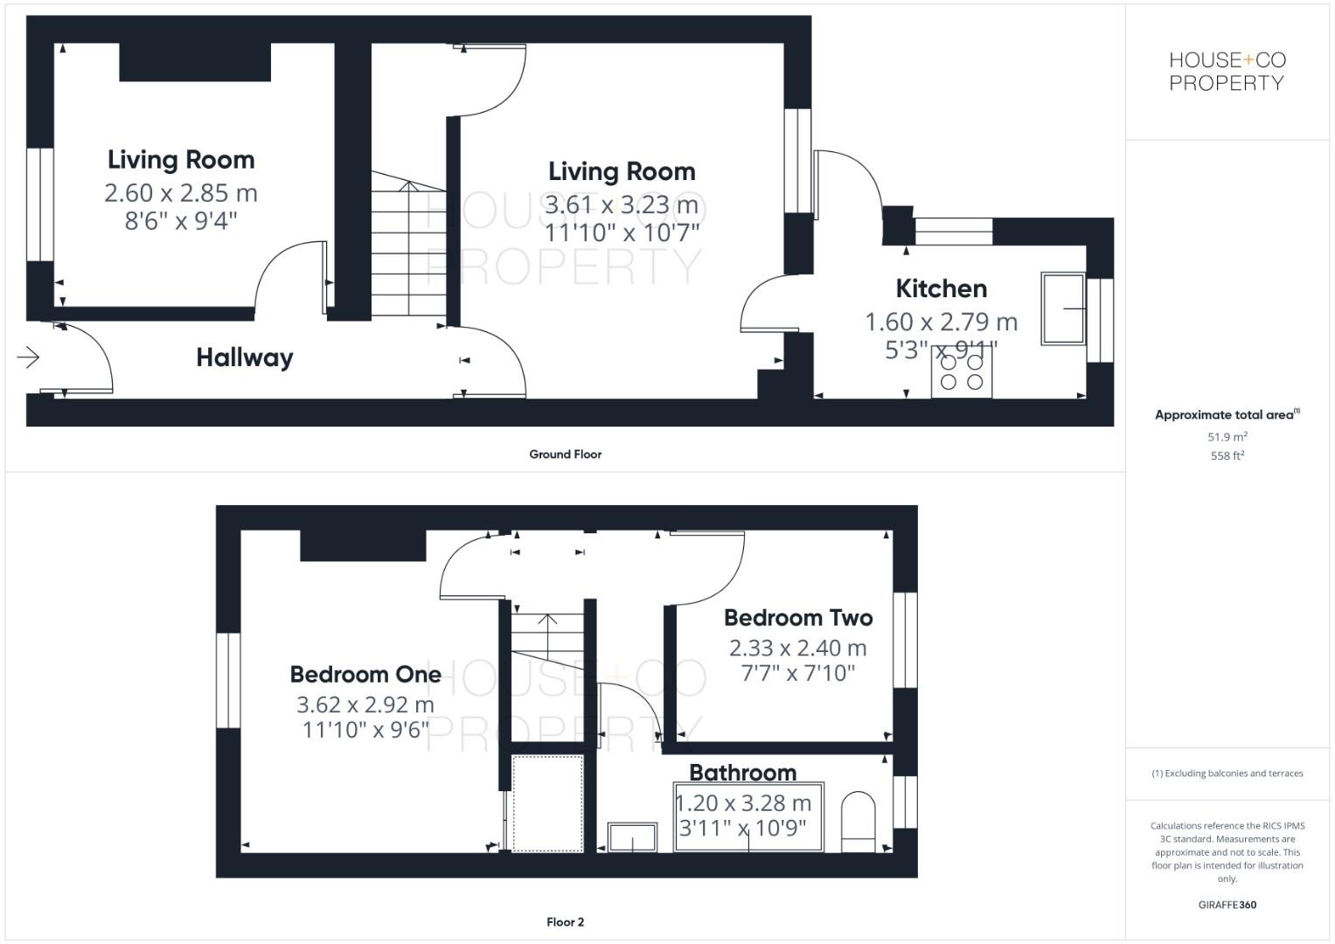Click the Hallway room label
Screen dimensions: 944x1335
[244, 357]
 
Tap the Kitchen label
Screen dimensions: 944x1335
[941, 288]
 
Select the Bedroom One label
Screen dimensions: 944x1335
[365, 674]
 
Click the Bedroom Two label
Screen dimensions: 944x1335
[797, 618]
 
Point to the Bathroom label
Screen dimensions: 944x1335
[742, 773]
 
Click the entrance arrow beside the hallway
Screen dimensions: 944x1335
[28, 357]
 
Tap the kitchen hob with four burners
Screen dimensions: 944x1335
[961, 374]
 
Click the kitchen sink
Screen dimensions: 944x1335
[1061, 308]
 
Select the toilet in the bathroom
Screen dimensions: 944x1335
[858, 822]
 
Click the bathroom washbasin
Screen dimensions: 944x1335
[631, 836]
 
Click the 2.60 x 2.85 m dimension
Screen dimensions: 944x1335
[180, 192]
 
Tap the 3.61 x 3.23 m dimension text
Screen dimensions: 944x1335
[621, 205]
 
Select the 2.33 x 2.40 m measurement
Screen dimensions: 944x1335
[797, 648]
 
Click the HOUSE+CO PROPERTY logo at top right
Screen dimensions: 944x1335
[1227, 72]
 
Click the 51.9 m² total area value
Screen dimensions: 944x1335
[1227, 436]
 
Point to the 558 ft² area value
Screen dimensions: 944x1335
[1227, 455]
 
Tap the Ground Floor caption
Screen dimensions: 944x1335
[565, 454]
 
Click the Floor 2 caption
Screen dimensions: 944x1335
[565, 921]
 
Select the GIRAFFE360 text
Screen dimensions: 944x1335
[1227, 905]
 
